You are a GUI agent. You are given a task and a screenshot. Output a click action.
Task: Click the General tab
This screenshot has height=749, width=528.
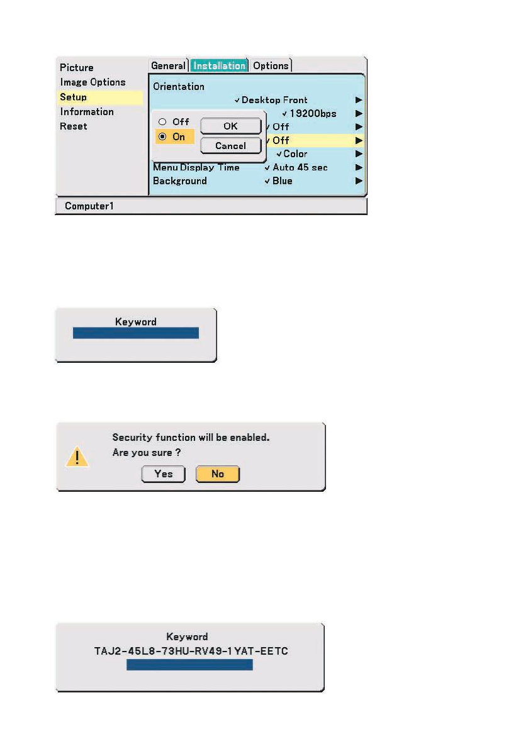[x=168, y=65]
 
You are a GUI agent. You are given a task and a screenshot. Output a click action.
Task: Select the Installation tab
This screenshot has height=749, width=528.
[x=219, y=65]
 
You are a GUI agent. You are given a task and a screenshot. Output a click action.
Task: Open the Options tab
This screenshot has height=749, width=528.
[x=271, y=65]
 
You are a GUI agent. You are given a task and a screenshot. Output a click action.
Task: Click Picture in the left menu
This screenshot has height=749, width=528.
[x=77, y=67]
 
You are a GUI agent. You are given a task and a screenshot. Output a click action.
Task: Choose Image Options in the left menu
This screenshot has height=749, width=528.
[x=93, y=82]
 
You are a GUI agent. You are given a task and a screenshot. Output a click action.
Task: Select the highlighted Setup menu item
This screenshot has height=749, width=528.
[x=74, y=97]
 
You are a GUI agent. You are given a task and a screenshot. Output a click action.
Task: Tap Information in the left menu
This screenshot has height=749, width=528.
[x=87, y=111]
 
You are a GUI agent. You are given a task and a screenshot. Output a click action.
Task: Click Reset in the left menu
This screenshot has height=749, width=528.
[x=74, y=126]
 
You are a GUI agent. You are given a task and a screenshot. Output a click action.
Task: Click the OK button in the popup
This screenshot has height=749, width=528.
[x=230, y=126]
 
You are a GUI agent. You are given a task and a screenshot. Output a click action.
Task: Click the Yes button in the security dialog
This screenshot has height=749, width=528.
[x=163, y=474]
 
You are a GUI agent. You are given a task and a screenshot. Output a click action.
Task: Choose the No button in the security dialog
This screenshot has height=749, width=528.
[x=218, y=474]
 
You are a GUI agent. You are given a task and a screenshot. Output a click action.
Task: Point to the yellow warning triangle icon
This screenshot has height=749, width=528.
[x=77, y=457]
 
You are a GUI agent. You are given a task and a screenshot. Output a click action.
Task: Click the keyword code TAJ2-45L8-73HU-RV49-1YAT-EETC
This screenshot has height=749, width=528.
[x=190, y=651]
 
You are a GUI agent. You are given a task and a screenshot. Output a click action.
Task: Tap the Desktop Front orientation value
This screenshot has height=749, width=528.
[x=274, y=99]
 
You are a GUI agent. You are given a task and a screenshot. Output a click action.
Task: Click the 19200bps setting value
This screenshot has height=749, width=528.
[x=312, y=114]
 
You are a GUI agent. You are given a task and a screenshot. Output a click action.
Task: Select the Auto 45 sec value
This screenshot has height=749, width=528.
[x=300, y=167]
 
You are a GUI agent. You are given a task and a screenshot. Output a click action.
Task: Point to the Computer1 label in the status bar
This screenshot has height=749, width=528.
[x=89, y=206]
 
